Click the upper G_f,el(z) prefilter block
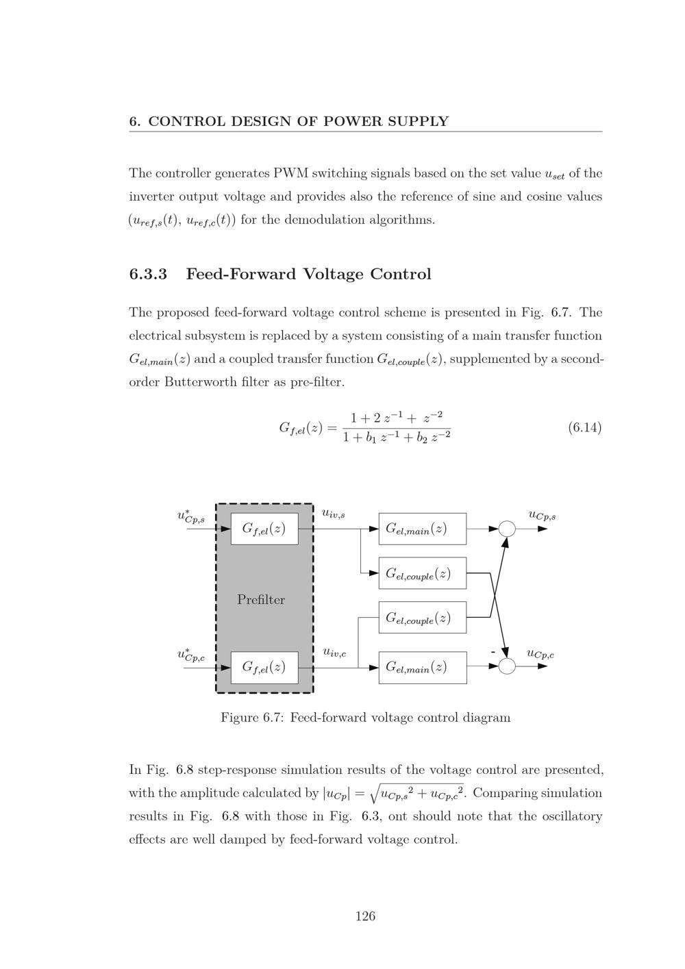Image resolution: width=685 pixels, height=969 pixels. (264, 529)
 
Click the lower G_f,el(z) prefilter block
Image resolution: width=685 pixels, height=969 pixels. (264, 667)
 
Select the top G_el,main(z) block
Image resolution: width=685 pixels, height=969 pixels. (422, 529)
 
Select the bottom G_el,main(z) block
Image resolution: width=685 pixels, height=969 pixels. (422, 667)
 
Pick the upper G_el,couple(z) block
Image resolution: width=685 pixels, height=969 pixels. (422, 573)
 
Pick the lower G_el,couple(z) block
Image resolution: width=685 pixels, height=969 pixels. (422, 618)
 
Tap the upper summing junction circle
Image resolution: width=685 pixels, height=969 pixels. (507, 529)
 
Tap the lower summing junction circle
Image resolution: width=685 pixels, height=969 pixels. (507, 666)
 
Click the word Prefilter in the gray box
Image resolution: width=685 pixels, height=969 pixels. (261, 600)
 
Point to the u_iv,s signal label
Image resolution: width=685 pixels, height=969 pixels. (334, 513)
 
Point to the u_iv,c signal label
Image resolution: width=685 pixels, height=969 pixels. (334, 652)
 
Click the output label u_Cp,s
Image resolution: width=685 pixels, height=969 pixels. (542, 515)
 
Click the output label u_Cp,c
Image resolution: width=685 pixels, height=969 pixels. (540, 654)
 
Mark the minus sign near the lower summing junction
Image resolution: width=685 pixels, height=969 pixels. (493, 652)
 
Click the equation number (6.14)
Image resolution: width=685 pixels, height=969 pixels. (584, 428)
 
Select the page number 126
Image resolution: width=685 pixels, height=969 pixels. (365, 916)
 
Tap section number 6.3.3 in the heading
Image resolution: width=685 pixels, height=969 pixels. (148, 275)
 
